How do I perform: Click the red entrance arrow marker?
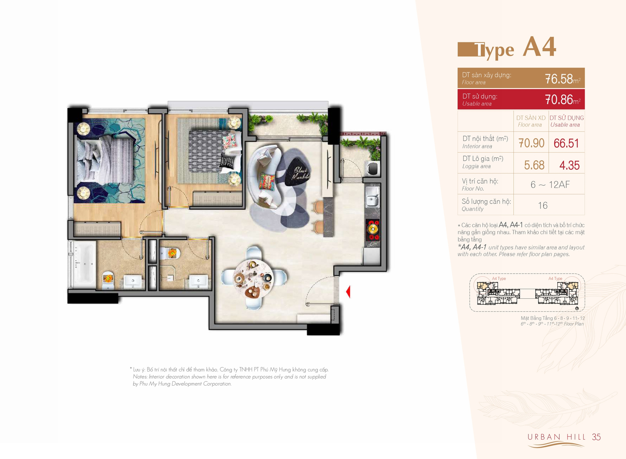point(348,292)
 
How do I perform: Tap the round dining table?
point(253,278)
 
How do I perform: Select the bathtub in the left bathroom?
point(84,265)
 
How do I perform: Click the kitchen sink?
point(372,197)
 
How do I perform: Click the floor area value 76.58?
point(559,79)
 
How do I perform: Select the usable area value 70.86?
point(559,99)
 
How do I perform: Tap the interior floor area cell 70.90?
point(531,143)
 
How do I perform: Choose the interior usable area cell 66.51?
point(566,143)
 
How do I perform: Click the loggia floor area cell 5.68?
point(534,165)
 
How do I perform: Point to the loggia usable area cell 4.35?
point(569,165)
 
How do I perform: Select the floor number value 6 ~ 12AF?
point(550,184)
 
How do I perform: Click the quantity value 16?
point(542,205)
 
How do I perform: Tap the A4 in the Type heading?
point(539,47)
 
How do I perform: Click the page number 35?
point(596,437)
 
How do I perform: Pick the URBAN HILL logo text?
point(556,437)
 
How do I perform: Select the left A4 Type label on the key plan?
point(499,279)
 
